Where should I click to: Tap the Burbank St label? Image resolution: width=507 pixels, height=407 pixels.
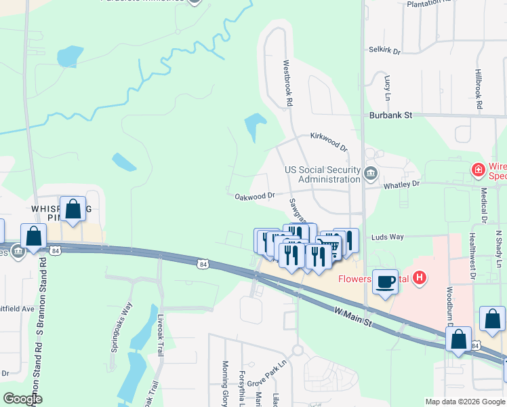pyautogui.click(x=390, y=115)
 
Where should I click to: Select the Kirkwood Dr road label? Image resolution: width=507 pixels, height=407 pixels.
pyautogui.click(x=329, y=142)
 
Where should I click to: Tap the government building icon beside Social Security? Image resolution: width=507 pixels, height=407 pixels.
pyautogui.click(x=370, y=174)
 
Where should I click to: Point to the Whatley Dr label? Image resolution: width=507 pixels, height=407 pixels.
pyautogui.click(x=402, y=183)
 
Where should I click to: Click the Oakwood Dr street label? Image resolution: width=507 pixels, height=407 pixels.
pyautogui.click(x=254, y=196)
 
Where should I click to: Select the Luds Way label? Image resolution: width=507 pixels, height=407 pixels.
pyautogui.click(x=387, y=237)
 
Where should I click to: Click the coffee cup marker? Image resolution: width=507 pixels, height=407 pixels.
pyautogui.click(x=386, y=282)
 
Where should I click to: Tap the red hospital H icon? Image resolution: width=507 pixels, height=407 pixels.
pyautogui.click(x=420, y=277)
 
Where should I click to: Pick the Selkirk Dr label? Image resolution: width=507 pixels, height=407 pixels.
pyautogui.click(x=385, y=50)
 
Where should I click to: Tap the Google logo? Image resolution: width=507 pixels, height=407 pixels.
pyautogui.click(x=23, y=398)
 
